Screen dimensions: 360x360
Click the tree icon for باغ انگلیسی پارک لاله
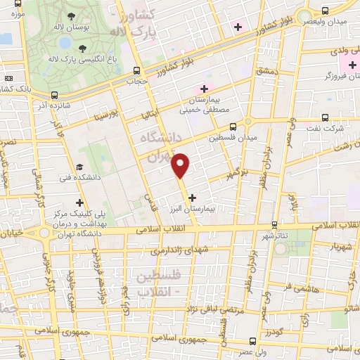coord(84,48)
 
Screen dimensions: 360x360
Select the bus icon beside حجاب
coord(138,70)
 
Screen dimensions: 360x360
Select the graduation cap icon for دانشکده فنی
coord(79,167)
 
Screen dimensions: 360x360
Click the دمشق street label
coord(267,72)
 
